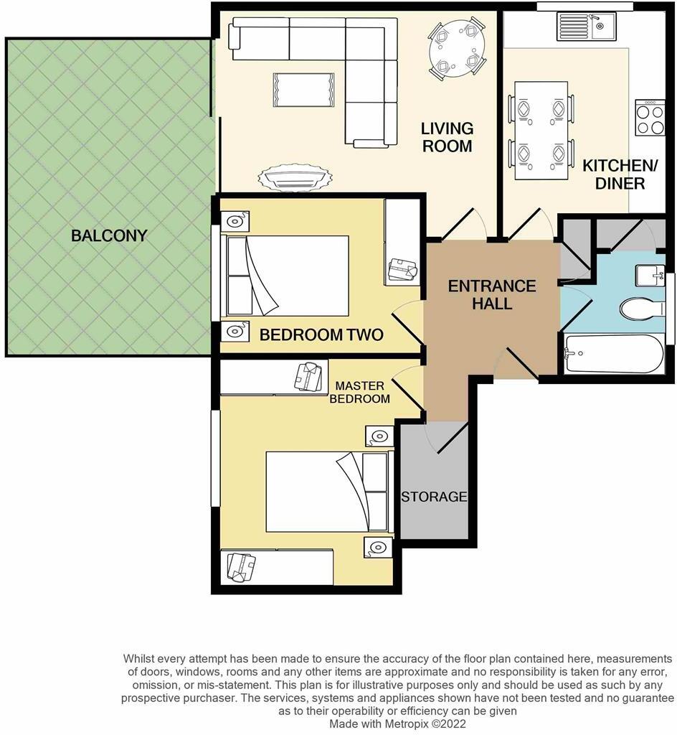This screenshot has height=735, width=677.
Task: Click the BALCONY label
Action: click(x=109, y=235)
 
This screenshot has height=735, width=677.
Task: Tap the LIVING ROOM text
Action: click(x=447, y=137)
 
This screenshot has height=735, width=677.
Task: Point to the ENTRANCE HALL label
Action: click(x=492, y=294)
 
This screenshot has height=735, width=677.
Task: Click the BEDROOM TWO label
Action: click(x=321, y=334)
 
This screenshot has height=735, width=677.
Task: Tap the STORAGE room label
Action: click(x=434, y=497)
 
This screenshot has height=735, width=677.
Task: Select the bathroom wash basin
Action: click(x=650, y=275)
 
